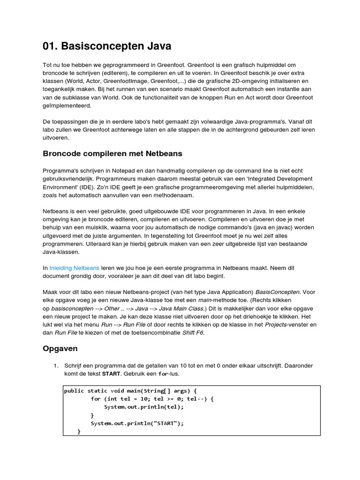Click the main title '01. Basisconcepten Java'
coord(107,46)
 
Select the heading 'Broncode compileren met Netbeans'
coord(113,153)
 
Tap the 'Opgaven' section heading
coord(60,349)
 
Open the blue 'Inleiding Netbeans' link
coord(74,268)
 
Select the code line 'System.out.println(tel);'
coord(144,407)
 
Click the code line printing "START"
coord(137,423)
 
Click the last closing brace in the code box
coord(79,432)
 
